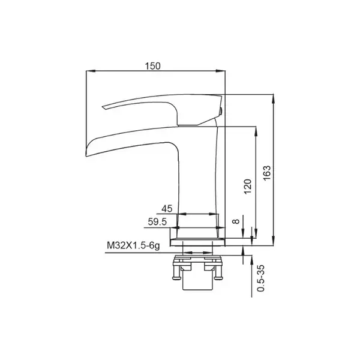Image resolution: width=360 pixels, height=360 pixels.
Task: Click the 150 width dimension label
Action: pos(152,66)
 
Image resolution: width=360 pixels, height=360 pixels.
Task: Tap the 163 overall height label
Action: pos(267,173)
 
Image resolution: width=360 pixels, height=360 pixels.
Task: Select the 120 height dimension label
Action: pos(248,187)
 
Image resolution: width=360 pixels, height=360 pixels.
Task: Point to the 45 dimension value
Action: pos(167,209)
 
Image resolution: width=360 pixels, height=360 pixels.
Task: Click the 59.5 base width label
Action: pos(157,222)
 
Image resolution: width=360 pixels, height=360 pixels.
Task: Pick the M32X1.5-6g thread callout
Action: pos(133,246)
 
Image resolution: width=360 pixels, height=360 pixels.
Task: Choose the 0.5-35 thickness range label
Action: pos(261,278)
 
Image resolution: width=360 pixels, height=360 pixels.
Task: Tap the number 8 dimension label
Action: pos(236,221)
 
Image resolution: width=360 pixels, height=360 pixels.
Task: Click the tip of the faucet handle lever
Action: pos(103,107)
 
